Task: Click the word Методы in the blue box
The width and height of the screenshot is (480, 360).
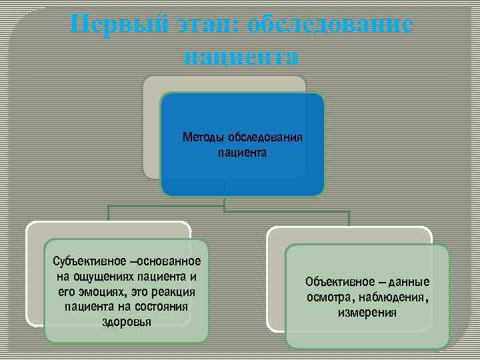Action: click(x=203, y=138)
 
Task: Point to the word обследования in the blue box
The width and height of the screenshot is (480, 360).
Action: click(x=265, y=138)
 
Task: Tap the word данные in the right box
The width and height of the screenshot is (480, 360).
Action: click(x=407, y=281)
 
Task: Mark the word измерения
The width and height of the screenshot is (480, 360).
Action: click(x=367, y=312)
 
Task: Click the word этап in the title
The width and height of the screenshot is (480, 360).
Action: click(x=203, y=25)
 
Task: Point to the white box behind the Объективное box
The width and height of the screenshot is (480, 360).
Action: click(x=275, y=280)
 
